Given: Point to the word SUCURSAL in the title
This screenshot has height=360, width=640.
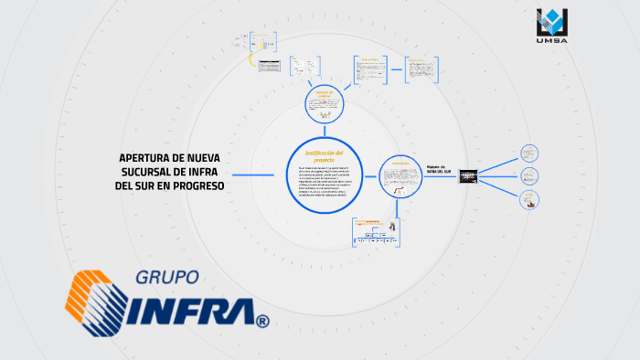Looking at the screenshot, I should (151, 172).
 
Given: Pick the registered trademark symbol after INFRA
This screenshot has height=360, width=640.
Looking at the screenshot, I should (263, 322).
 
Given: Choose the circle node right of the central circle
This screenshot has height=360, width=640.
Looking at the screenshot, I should (401, 175).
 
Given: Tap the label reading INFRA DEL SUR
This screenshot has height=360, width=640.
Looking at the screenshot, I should (439, 170).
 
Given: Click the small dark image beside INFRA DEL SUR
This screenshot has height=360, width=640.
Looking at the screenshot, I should (467, 175).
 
